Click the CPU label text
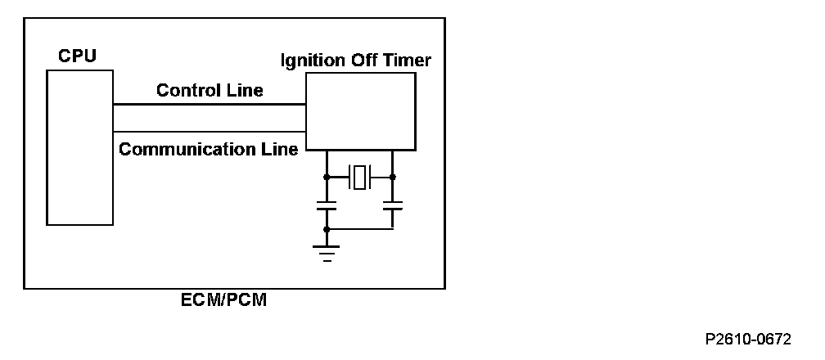point(78,56)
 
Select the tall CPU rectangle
point(79,146)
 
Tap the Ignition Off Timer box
point(360,110)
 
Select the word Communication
point(171,150)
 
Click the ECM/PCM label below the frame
point(223,300)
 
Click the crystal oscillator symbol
point(359,177)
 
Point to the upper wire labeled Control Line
point(209,105)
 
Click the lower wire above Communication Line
point(209,133)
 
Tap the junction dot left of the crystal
point(327,177)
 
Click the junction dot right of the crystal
point(393,177)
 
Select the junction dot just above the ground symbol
point(327,230)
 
